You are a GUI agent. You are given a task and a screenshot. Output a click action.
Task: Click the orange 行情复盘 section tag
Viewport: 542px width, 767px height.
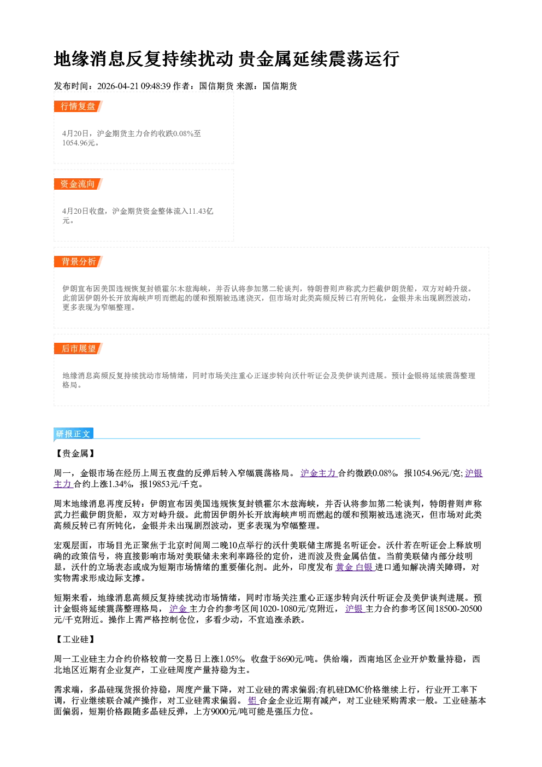click(x=78, y=106)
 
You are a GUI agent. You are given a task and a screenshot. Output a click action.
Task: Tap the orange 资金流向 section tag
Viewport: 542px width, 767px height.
click(x=78, y=184)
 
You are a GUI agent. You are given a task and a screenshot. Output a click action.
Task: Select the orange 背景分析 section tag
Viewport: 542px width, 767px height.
click(x=78, y=262)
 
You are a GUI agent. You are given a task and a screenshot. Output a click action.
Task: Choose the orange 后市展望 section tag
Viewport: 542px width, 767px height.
click(x=78, y=349)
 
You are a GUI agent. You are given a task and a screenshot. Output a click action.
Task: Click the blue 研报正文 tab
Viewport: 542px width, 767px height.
click(x=73, y=434)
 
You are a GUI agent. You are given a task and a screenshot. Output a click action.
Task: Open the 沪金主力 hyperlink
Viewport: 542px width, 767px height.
click(x=319, y=473)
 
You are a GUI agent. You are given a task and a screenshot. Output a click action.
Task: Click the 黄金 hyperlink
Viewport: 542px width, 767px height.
click(x=344, y=567)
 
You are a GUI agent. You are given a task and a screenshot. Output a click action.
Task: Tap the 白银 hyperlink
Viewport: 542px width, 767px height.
click(x=365, y=567)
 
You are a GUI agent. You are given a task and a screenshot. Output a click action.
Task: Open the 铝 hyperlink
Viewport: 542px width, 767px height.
click(x=252, y=700)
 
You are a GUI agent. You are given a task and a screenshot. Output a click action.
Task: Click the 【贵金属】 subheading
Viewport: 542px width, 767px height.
click(x=75, y=453)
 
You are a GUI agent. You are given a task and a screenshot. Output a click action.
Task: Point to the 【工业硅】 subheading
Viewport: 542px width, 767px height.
click(x=75, y=639)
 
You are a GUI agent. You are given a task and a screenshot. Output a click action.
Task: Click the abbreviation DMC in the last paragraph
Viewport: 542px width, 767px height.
click(x=354, y=689)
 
